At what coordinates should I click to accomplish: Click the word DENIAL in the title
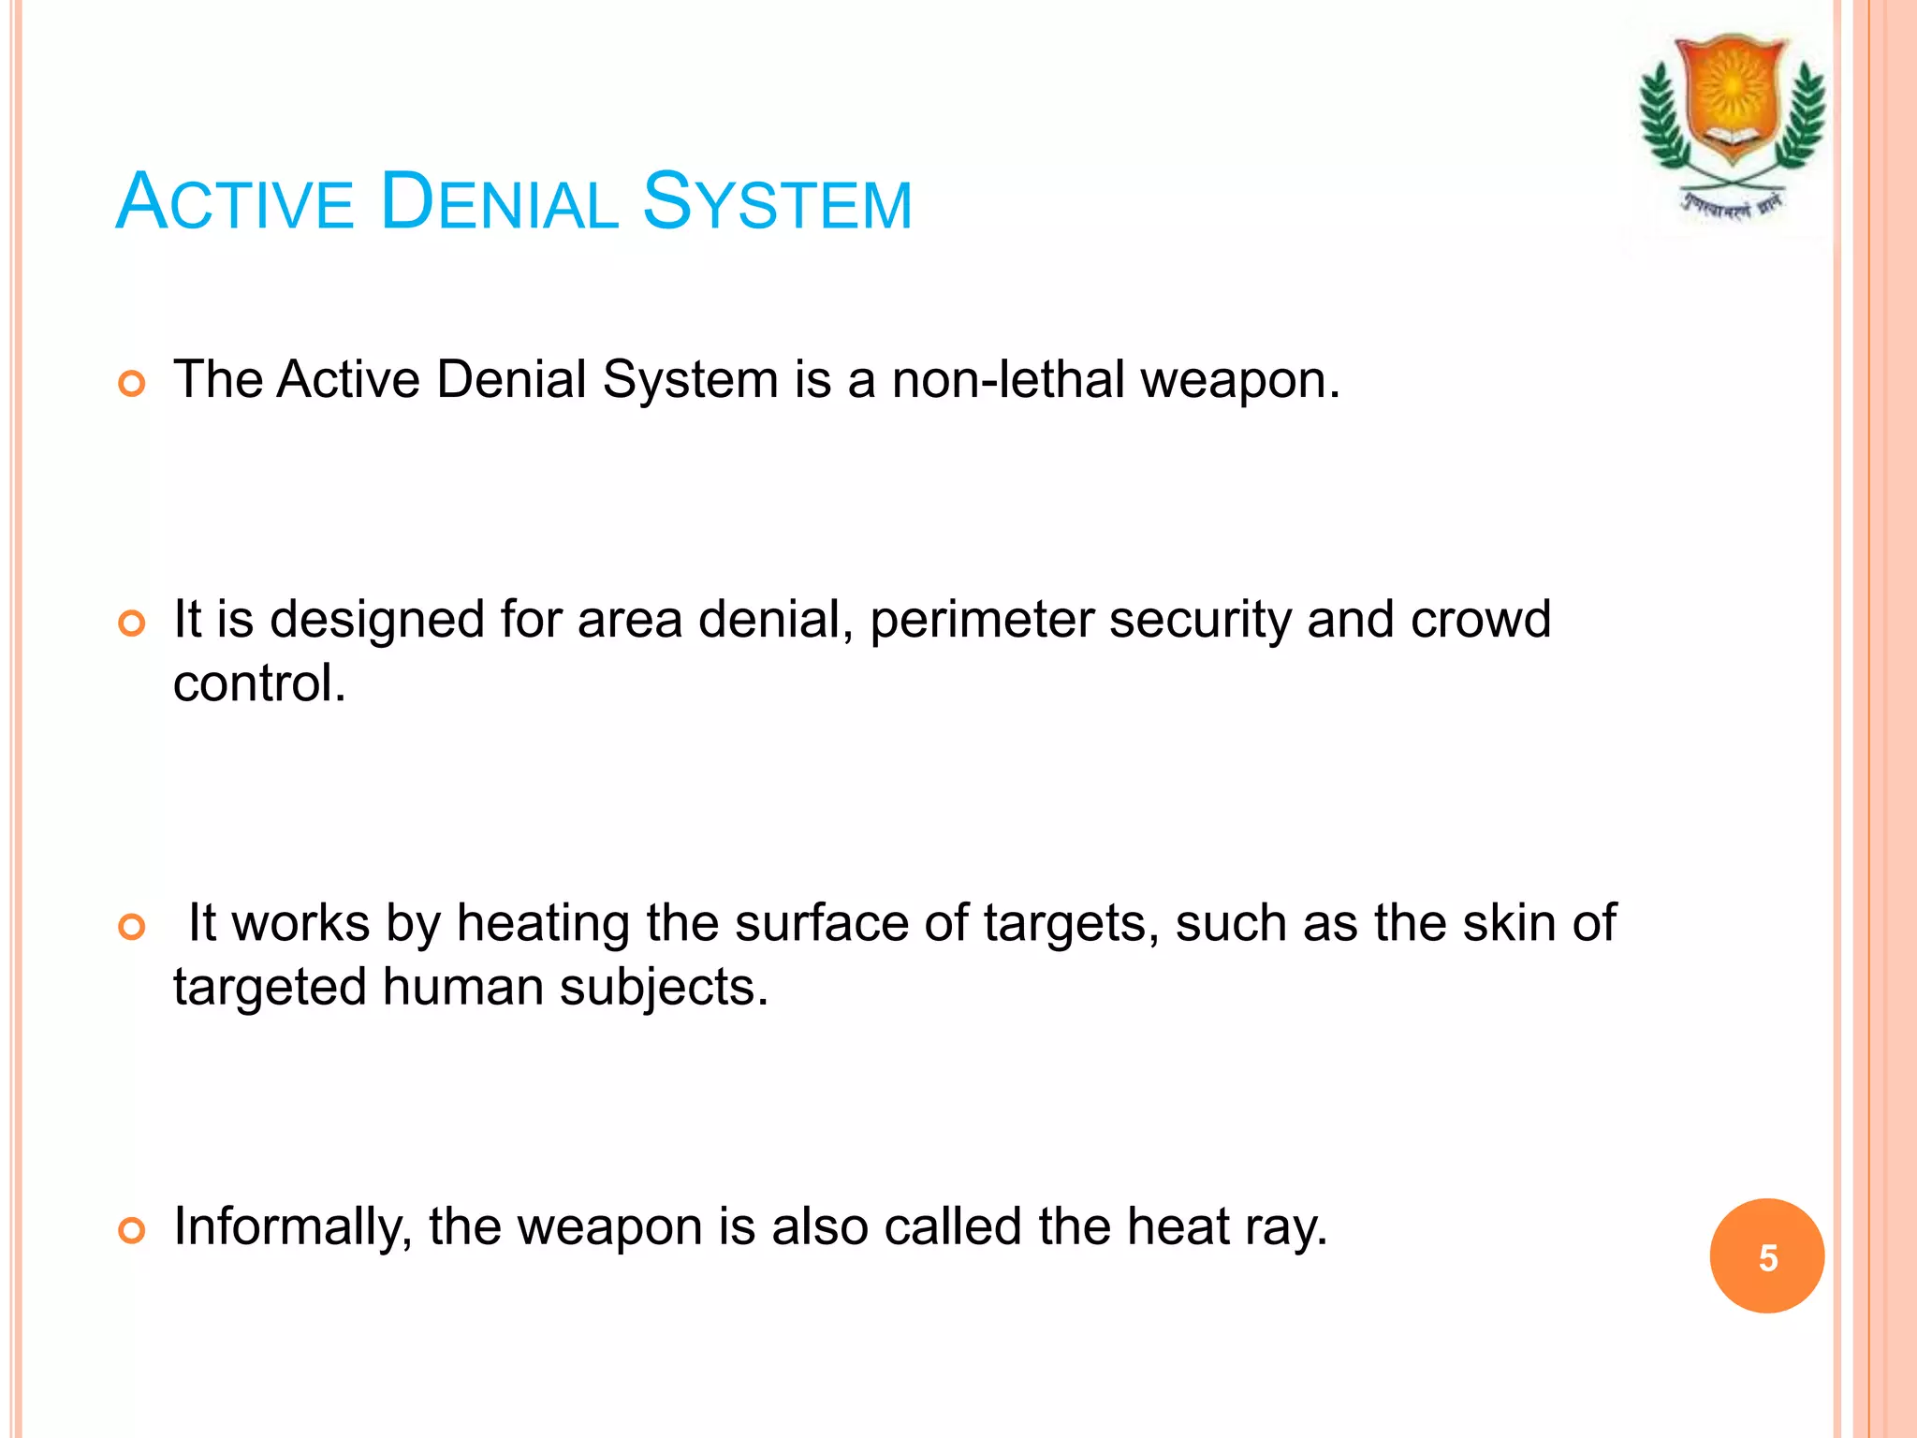click(x=499, y=203)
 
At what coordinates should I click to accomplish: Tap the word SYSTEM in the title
click(x=777, y=203)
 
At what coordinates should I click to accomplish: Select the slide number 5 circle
click(x=1766, y=1256)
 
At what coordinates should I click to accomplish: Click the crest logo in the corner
click(x=1732, y=126)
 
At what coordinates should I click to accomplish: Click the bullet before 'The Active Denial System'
click(x=133, y=384)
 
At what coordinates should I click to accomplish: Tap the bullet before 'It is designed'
click(x=133, y=624)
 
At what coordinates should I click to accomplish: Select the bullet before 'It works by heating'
click(x=133, y=927)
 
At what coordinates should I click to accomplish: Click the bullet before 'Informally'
click(x=133, y=1230)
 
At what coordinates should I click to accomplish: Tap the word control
click(x=258, y=683)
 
